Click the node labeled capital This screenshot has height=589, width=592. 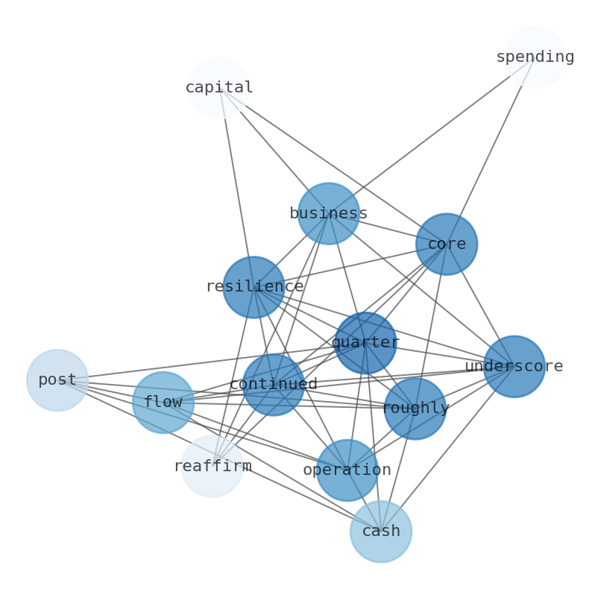point(219,88)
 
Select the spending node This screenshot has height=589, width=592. point(535,57)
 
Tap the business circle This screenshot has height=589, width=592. point(328,213)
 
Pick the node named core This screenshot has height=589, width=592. point(446,244)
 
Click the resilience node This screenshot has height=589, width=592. point(254,287)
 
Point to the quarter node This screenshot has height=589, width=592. point(365,343)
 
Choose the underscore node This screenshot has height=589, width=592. point(514,366)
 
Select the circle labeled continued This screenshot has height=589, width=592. point(274,385)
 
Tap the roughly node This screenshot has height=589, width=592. point(415,408)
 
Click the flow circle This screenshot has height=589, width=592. point(163,403)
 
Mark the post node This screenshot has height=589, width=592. point(57,380)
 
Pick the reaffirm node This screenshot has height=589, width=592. point(212,467)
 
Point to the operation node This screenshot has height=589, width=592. point(347,470)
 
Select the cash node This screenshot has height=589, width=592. point(381,532)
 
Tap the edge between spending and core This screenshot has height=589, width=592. point(491,151)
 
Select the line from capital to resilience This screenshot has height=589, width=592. point(236,187)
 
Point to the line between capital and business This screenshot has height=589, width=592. point(274,151)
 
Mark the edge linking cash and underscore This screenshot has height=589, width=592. point(447,449)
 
